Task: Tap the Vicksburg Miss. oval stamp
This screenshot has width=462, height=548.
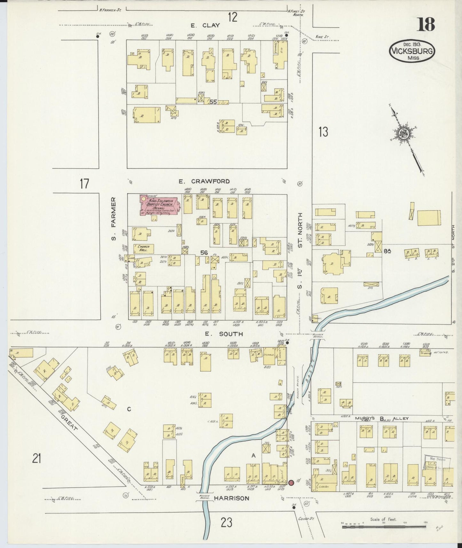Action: click(412, 52)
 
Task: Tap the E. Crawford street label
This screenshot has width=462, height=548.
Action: click(204, 181)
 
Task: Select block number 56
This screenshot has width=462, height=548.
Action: click(204, 253)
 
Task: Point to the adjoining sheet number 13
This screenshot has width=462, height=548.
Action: click(323, 132)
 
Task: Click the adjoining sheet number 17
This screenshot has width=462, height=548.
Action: click(84, 184)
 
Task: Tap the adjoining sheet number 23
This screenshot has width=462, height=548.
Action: click(226, 522)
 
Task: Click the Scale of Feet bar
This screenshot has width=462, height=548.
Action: click(383, 526)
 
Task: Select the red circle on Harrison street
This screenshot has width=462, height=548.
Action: click(291, 482)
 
